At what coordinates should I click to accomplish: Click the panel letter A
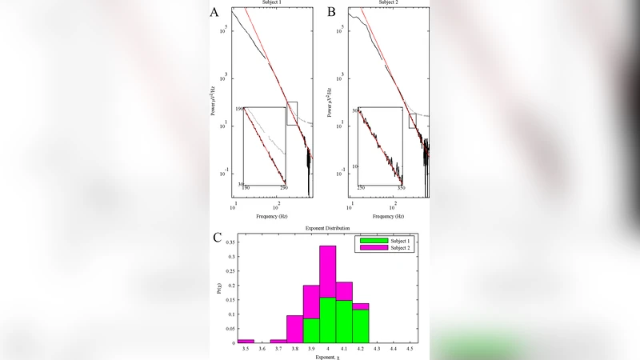(x=214, y=12)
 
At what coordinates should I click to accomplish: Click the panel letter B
(x=331, y=12)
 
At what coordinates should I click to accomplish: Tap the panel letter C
(x=217, y=237)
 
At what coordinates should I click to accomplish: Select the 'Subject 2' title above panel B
(x=387, y=3)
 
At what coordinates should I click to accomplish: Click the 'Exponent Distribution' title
(x=328, y=229)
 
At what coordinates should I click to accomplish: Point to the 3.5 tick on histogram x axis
(x=246, y=349)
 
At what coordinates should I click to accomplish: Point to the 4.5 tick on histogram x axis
(x=410, y=349)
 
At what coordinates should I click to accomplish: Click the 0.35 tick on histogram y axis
(x=230, y=241)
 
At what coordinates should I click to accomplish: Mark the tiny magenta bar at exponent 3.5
(x=246, y=341)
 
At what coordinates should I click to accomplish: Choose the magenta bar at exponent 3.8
(x=294, y=329)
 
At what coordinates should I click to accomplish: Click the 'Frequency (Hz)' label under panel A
(x=272, y=216)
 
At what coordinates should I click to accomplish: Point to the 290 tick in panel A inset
(x=284, y=188)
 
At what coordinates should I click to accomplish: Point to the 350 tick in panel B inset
(x=399, y=188)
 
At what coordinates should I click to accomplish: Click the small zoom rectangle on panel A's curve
(x=292, y=113)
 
